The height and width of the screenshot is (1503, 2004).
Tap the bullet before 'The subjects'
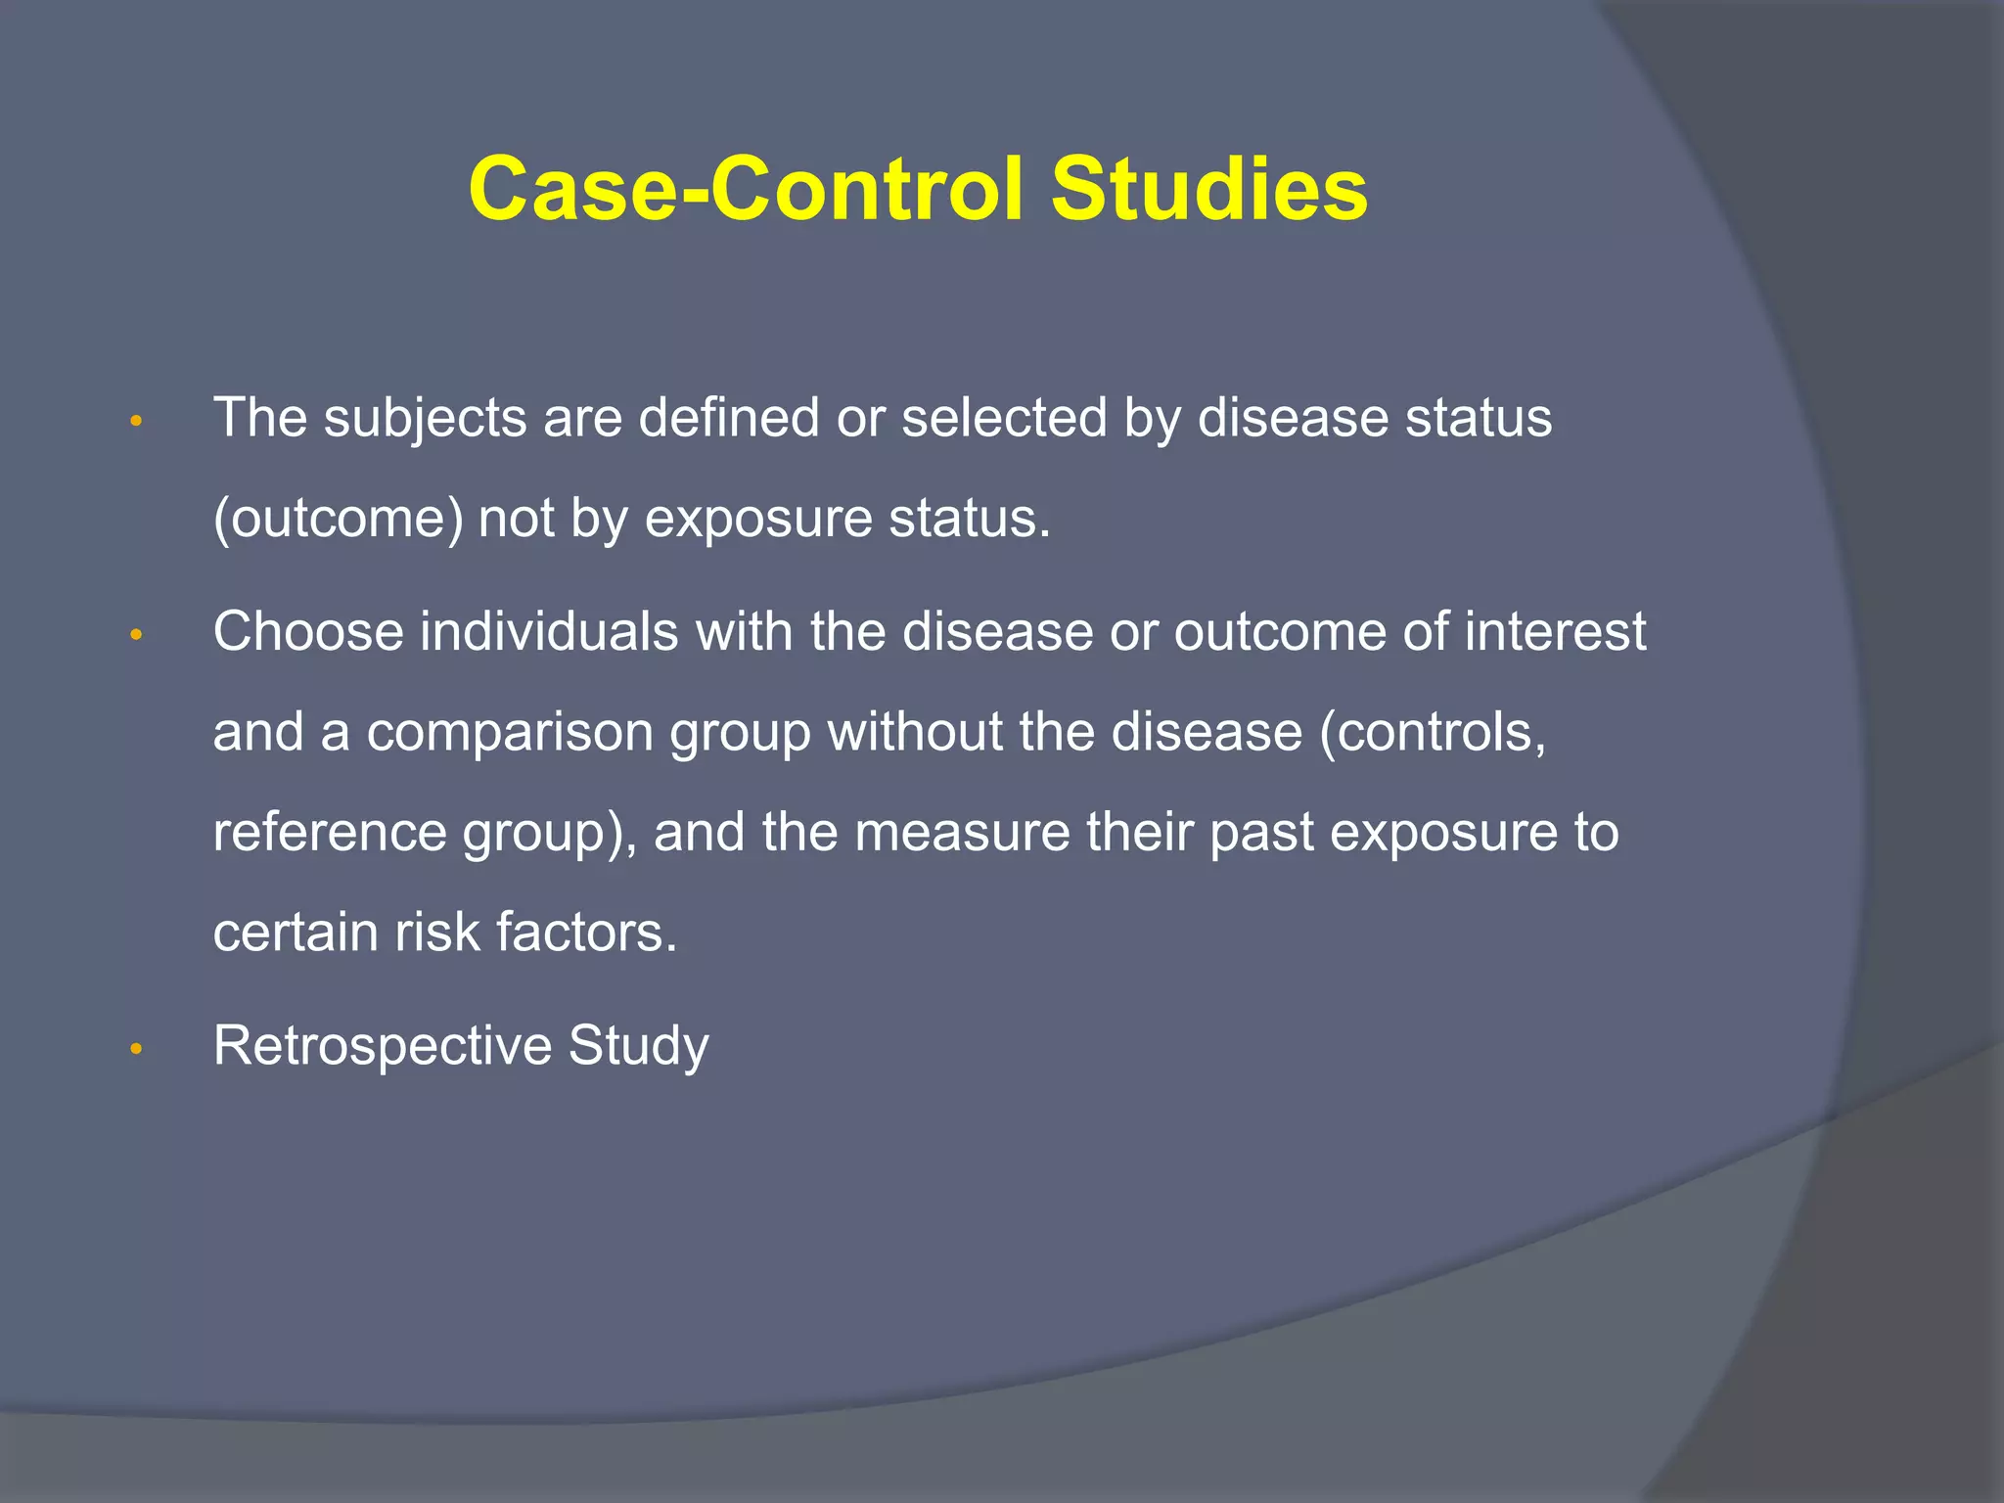pos(137,423)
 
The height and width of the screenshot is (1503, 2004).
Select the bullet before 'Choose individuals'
pos(137,636)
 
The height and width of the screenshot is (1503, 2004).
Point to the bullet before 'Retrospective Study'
pos(137,1050)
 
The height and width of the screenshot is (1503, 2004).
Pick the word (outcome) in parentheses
pos(338,519)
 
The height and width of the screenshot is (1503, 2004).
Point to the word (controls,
pos(1433,732)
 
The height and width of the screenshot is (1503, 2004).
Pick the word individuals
pos(549,632)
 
